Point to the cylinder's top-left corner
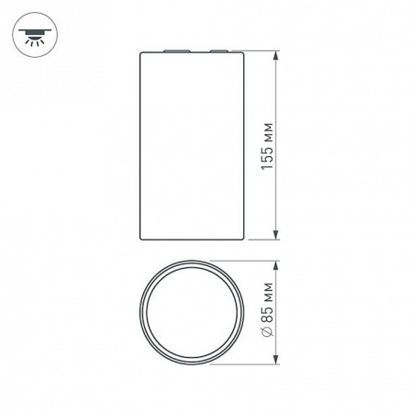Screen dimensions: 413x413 tap(140, 52)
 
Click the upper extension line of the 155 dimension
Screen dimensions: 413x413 tap(262, 50)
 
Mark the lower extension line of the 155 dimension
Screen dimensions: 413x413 tap(262, 240)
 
